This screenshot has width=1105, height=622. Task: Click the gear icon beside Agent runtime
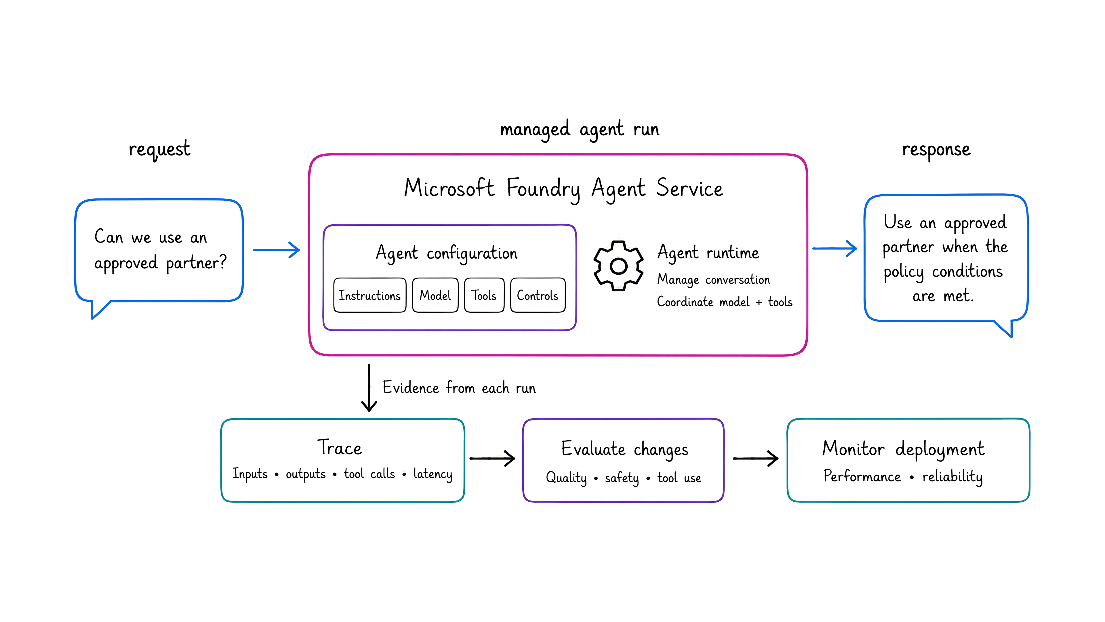(618, 266)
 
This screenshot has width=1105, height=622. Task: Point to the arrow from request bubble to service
(276, 250)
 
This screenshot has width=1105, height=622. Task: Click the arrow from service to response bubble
(834, 248)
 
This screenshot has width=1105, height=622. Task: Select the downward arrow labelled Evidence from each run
(369, 388)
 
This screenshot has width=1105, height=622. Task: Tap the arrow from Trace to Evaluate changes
(492, 458)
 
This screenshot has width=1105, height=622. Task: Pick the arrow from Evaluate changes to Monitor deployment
(755, 458)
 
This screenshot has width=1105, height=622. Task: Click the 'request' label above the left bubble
(159, 149)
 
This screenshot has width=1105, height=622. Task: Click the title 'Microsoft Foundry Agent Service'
(563, 189)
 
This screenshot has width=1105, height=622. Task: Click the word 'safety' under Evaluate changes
(622, 478)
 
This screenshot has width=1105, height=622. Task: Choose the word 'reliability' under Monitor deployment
(952, 477)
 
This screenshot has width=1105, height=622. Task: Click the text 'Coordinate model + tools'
(725, 302)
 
